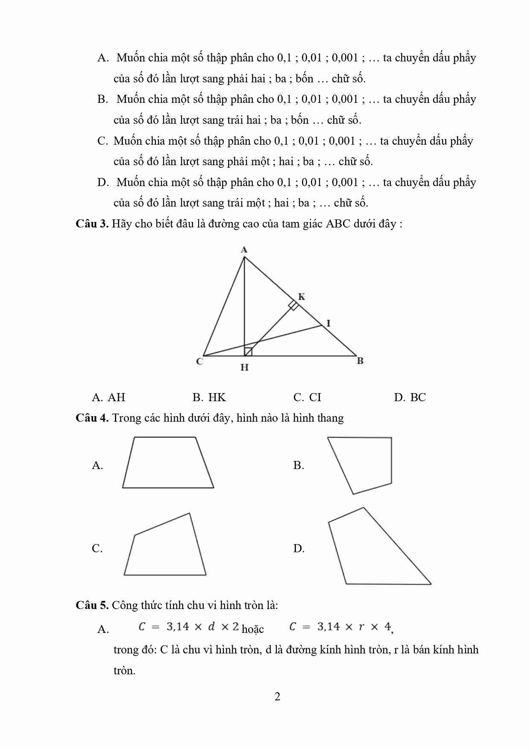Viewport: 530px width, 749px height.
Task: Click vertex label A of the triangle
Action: [244, 250]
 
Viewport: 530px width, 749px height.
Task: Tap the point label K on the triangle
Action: [302, 297]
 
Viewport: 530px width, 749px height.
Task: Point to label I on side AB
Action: [328, 323]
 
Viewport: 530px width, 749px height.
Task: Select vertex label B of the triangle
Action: [360, 361]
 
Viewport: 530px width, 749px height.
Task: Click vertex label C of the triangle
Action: [199, 361]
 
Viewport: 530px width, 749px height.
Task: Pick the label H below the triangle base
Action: [244, 367]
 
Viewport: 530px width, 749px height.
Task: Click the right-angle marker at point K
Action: [293, 305]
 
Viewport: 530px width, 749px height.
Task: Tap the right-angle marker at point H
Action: [248, 352]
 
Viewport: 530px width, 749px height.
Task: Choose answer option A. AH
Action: [108, 397]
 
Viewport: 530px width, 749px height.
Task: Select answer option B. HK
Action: [209, 397]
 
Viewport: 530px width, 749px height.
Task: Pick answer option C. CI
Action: [307, 397]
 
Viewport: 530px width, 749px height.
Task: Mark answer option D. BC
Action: [410, 397]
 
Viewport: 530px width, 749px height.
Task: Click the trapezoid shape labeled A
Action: [168, 463]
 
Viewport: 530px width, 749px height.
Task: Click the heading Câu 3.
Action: [92, 224]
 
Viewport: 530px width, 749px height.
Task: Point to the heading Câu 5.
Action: [92, 605]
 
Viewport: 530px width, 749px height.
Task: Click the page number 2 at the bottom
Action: [277, 697]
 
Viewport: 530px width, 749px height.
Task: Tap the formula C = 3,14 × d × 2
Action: [189, 627]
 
